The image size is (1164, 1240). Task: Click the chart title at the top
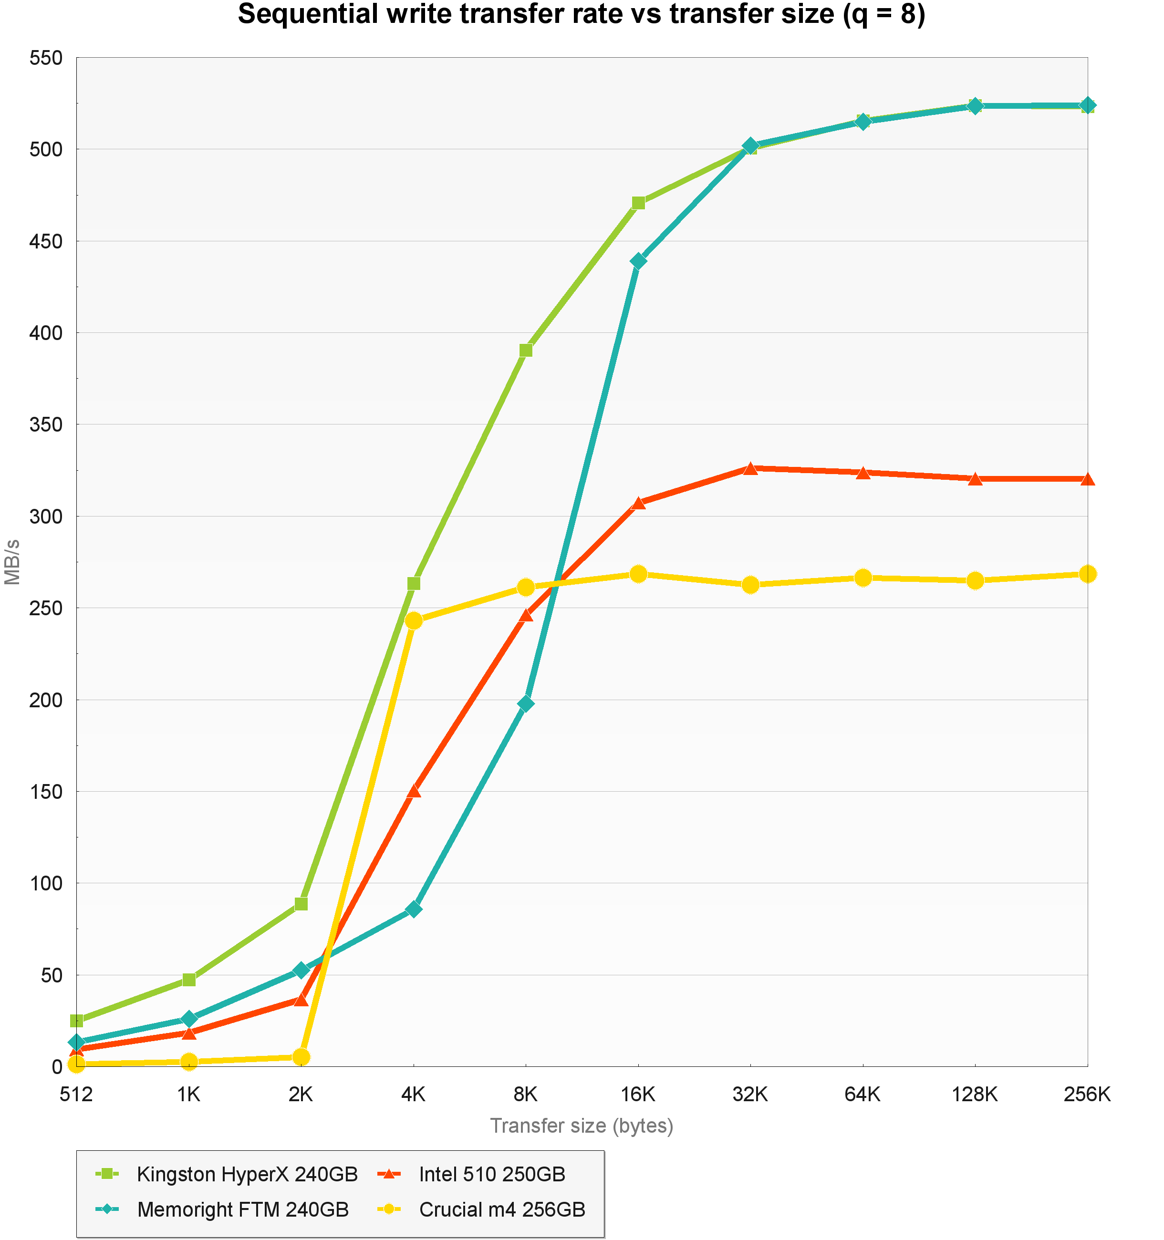pos(582,15)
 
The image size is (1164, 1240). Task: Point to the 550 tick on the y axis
pos(46,58)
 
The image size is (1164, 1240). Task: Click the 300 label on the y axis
pos(46,517)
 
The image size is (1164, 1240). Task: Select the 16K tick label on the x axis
pos(638,1094)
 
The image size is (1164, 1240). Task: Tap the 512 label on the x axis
pos(76,1094)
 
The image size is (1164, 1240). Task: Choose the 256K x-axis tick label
pos(1087,1094)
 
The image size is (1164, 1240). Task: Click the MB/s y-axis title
pos(12,562)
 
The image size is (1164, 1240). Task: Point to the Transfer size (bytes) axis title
pos(582,1126)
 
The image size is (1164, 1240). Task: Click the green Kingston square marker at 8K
pos(526,351)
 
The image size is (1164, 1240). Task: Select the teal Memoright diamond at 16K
pos(638,261)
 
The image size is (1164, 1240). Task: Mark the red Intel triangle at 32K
pos(750,468)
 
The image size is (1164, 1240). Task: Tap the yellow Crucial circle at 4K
pos(414,620)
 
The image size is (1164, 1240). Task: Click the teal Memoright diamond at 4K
pos(414,909)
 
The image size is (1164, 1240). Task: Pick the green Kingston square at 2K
pos(301,904)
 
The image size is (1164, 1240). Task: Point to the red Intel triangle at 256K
pos(1087,479)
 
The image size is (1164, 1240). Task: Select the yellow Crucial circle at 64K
pos(863,578)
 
